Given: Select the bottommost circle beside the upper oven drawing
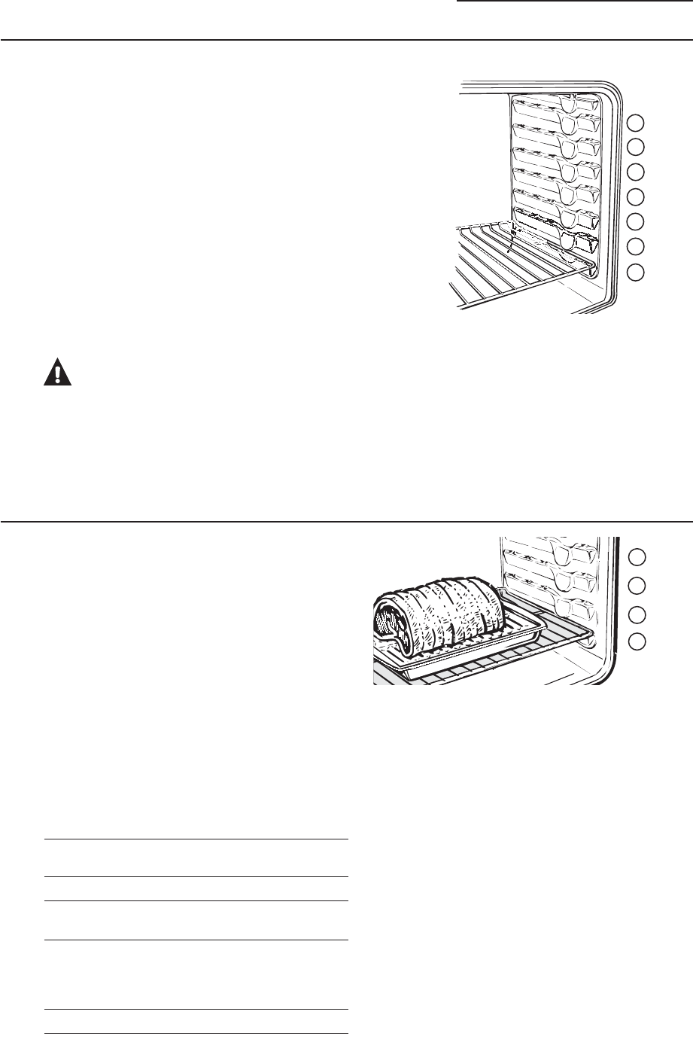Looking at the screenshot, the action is click(636, 273).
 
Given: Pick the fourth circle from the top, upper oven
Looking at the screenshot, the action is click(636, 197).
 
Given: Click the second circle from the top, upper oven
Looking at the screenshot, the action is click(636, 147).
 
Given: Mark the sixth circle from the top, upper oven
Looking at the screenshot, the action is click(636, 246).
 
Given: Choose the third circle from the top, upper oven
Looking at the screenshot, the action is click(636, 172).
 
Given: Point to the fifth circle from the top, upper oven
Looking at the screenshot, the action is click(636, 221).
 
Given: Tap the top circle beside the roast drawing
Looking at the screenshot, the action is click(637, 557).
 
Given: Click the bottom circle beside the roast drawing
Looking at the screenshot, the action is click(637, 642).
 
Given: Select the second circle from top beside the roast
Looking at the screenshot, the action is click(637, 585).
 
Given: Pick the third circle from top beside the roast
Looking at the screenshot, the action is click(637, 614).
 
